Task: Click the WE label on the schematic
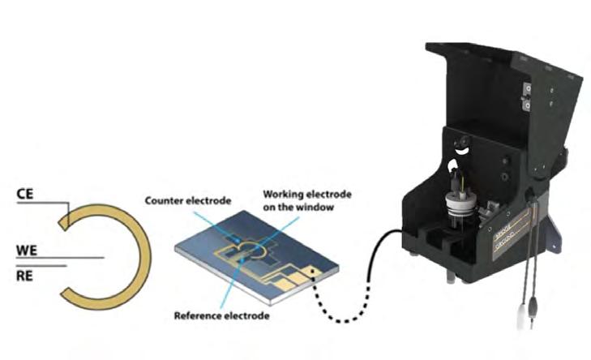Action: [28, 251]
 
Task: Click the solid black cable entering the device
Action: [381, 243]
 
